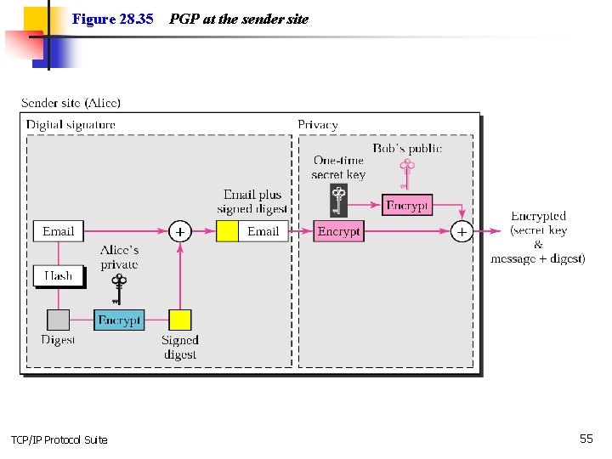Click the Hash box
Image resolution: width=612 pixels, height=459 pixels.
[x=58, y=275]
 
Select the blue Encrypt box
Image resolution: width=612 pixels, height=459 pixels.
[x=119, y=320]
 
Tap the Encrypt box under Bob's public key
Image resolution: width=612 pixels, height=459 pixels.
[x=408, y=205]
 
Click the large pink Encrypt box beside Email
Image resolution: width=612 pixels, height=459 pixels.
[x=338, y=231]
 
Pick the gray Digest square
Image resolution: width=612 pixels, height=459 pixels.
[x=58, y=320]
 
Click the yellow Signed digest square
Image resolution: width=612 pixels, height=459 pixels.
[x=179, y=320]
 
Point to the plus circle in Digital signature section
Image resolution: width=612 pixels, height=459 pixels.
[x=179, y=231]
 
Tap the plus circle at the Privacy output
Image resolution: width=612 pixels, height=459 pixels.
[x=462, y=231]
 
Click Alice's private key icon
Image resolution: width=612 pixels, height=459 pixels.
[x=119, y=286]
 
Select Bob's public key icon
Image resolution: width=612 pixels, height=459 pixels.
[x=406, y=173]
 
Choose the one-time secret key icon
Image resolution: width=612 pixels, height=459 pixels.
[x=338, y=201]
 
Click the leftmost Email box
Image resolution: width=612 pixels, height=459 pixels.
[x=58, y=231]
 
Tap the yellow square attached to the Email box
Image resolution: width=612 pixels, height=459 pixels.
[x=227, y=231]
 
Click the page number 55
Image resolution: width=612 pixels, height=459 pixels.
[x=586, y=439]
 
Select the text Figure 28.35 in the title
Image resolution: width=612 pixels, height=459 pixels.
[x=112, y=19]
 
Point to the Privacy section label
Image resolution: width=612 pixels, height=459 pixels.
[x=318, y=125]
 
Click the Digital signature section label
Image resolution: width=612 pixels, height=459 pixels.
[x=71, y=125]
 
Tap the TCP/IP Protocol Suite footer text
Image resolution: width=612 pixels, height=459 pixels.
[x=59, y=439]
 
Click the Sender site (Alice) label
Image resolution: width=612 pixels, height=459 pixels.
[x=71, y=103]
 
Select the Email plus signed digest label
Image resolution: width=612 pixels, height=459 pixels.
[x=252, y=201]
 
